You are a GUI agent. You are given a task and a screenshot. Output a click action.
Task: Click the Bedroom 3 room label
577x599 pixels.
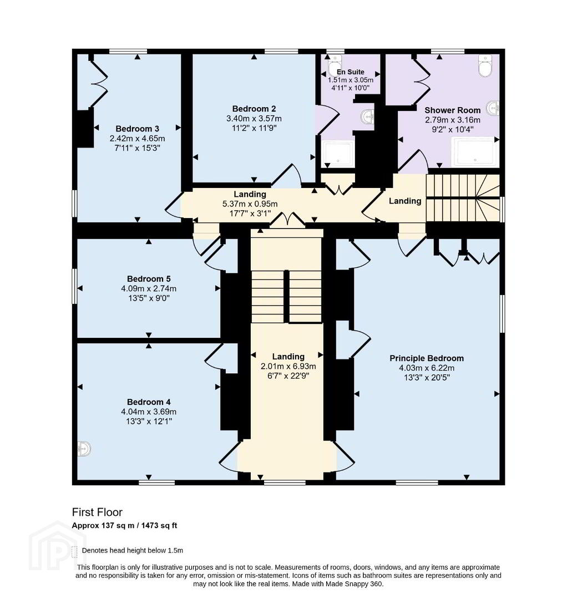pos(137,129)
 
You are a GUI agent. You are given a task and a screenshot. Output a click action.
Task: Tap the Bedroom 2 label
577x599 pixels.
pos(254,109)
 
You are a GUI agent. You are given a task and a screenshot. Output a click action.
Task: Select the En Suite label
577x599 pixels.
pos(351,72)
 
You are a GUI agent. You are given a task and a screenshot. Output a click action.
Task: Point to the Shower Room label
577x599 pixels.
pos(452,110)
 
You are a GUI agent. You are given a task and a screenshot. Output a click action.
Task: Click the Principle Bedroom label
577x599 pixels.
pos(427,358)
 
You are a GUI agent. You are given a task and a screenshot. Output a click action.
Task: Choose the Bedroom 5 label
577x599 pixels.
pos(149,279)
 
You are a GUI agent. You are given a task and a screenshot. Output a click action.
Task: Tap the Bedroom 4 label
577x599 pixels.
pos(149,402)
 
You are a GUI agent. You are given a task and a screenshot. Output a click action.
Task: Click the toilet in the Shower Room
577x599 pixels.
pos(485,65)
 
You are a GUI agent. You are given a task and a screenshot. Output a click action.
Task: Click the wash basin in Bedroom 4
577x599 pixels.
pos(84,449)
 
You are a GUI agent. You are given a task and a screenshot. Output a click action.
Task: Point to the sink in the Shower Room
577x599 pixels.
pos(493,108)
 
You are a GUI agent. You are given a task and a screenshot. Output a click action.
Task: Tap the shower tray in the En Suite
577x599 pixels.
pos(339,154)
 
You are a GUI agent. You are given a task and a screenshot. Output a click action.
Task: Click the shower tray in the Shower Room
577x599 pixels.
pos(475,151)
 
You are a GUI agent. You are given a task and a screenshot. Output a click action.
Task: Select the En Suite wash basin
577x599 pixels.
pos(368,117)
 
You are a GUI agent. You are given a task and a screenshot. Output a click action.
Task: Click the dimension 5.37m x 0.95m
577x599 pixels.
pos(250,204)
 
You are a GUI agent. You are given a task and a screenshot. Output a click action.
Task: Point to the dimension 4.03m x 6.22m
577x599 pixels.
pos(427,368)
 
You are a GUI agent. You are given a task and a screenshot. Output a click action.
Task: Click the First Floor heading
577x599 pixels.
pos(97,512)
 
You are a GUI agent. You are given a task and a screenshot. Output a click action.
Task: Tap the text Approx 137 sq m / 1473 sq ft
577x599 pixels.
pos(124,526)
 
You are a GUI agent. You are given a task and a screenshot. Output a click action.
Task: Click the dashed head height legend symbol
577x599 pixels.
pos(74,552)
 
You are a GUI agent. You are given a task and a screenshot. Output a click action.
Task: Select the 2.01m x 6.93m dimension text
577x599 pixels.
pos(288,367)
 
